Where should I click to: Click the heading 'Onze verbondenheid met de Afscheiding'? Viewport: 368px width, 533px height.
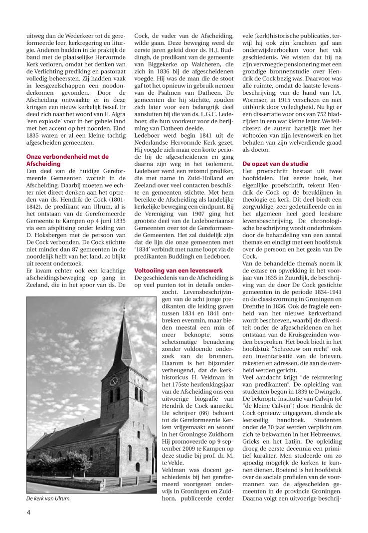point(67,160)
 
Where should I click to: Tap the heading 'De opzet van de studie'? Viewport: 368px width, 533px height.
point(275,163)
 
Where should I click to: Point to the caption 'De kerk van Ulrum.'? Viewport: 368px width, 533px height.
point(48,498)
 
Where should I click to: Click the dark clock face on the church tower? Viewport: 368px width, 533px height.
point(113,381)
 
